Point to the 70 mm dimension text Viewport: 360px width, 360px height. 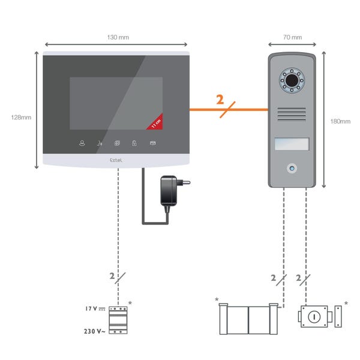292,37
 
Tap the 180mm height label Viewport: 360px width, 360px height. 340,121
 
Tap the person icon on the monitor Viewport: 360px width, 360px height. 82,143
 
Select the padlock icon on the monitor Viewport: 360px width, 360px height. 135,143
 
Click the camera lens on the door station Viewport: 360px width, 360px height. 291,80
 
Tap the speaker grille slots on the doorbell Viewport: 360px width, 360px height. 291,115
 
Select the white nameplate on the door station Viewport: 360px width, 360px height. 291,144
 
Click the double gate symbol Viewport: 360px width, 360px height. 248,319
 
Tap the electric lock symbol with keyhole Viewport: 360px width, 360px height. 317,317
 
